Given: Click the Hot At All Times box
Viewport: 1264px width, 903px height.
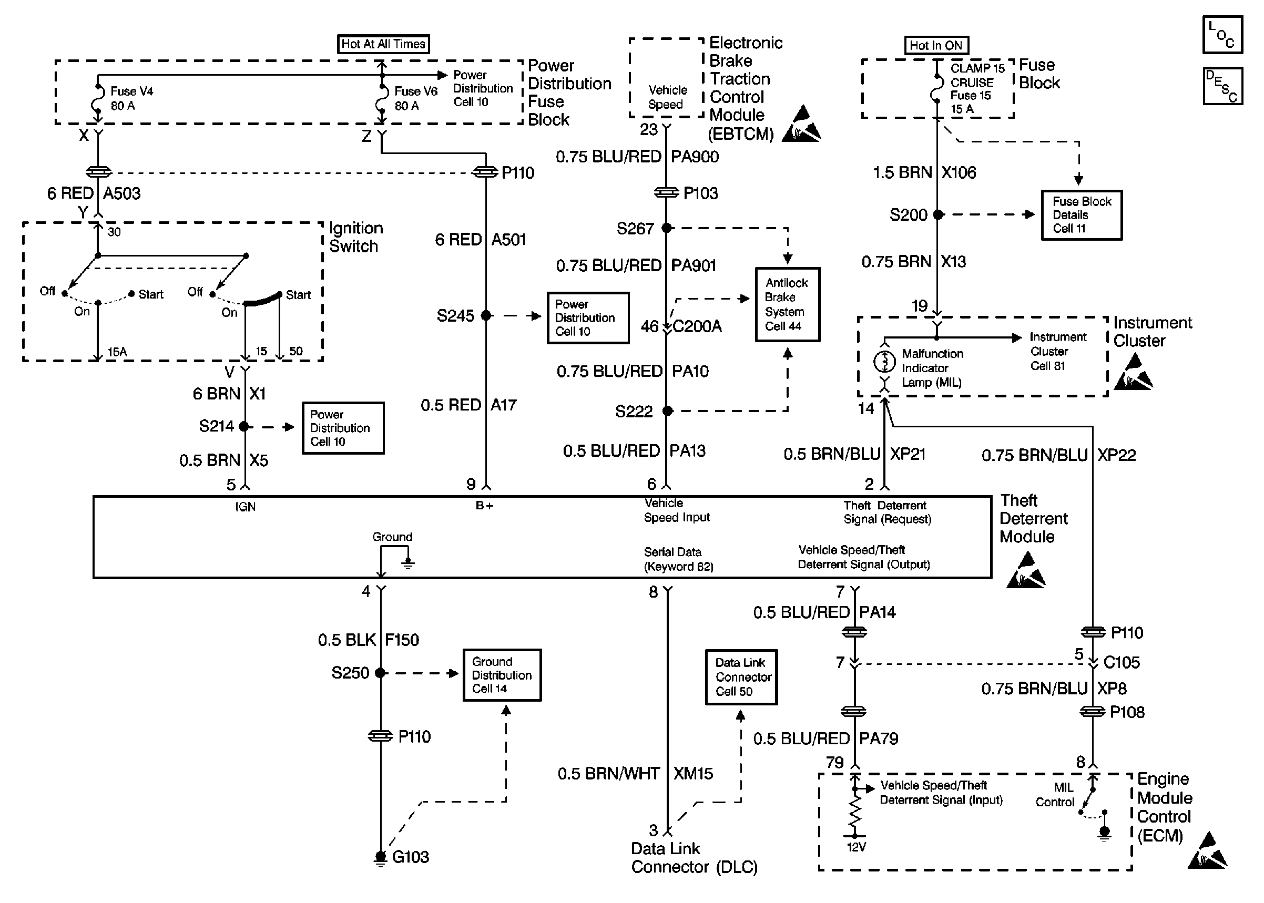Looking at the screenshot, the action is [383, 44].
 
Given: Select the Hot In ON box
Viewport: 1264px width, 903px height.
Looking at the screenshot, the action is [936, 46].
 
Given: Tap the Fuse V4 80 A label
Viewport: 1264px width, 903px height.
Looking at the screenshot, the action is [131, 98].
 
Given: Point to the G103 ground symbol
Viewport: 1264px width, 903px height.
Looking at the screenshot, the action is [380, 858].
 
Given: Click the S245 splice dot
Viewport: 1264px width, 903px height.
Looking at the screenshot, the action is [486, 316].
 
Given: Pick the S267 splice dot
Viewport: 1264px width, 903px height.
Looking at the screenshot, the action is [667, 228].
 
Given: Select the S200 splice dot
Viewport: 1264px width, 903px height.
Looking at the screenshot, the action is [938, 214].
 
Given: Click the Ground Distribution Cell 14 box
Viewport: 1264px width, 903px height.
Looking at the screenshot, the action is [502, 675].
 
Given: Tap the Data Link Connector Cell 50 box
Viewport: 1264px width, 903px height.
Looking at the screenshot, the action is [741, 677].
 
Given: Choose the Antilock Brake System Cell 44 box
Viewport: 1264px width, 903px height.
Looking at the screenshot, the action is [788, 305].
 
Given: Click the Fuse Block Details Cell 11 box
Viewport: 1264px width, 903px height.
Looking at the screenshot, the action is [1082, 215].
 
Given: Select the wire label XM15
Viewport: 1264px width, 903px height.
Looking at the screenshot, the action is [693, 774].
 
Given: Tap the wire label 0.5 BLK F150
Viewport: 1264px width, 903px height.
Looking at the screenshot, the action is [369, 640].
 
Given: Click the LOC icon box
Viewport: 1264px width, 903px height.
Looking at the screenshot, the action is [1222, 35].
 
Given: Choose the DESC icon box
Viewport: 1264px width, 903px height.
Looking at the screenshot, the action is [1222, 86].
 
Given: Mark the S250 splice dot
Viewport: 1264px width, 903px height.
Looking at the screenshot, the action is [381, 673].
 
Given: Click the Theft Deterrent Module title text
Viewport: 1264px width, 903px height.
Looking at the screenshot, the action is [1026, 519].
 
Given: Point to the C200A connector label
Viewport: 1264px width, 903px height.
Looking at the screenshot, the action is [697, 326].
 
